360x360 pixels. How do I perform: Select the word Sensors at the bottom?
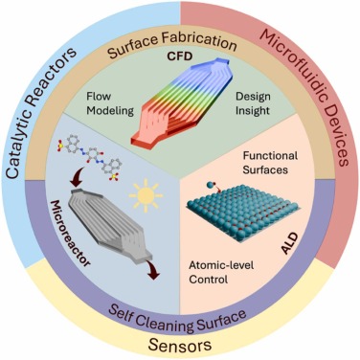[x=180, y=340]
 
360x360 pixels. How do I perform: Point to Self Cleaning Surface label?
[x=180, y=312]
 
